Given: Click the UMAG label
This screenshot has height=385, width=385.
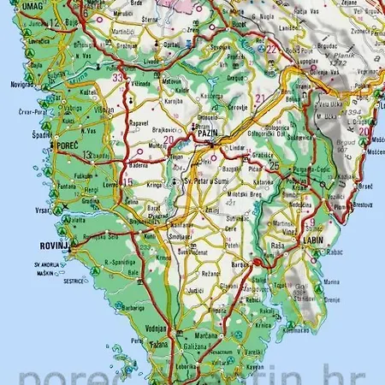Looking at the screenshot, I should point(15,7).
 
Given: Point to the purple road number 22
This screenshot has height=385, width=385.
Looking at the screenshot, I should point(272,49).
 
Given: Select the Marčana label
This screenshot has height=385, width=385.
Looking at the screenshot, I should point(205,336).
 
